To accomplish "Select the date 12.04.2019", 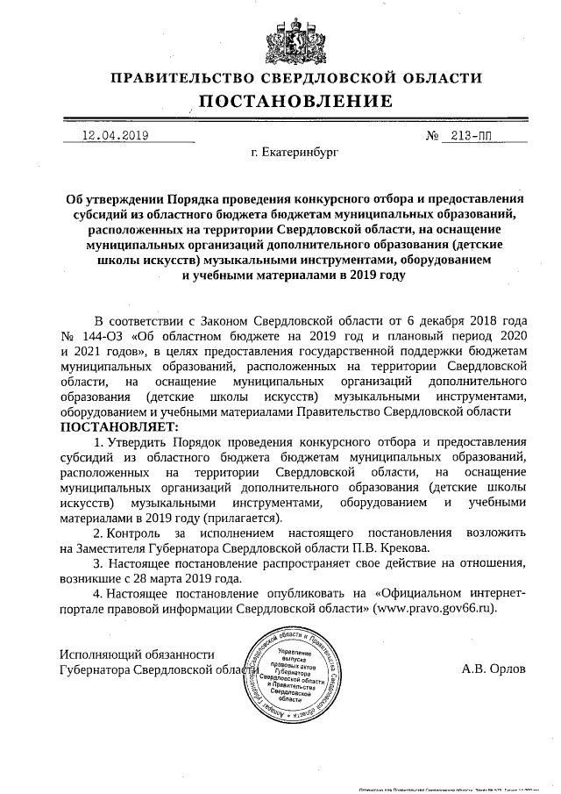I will click(114, 135).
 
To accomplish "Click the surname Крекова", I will click(390, 547).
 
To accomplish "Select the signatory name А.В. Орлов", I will click(494, 668).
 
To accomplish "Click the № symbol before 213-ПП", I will click(431, 135).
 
